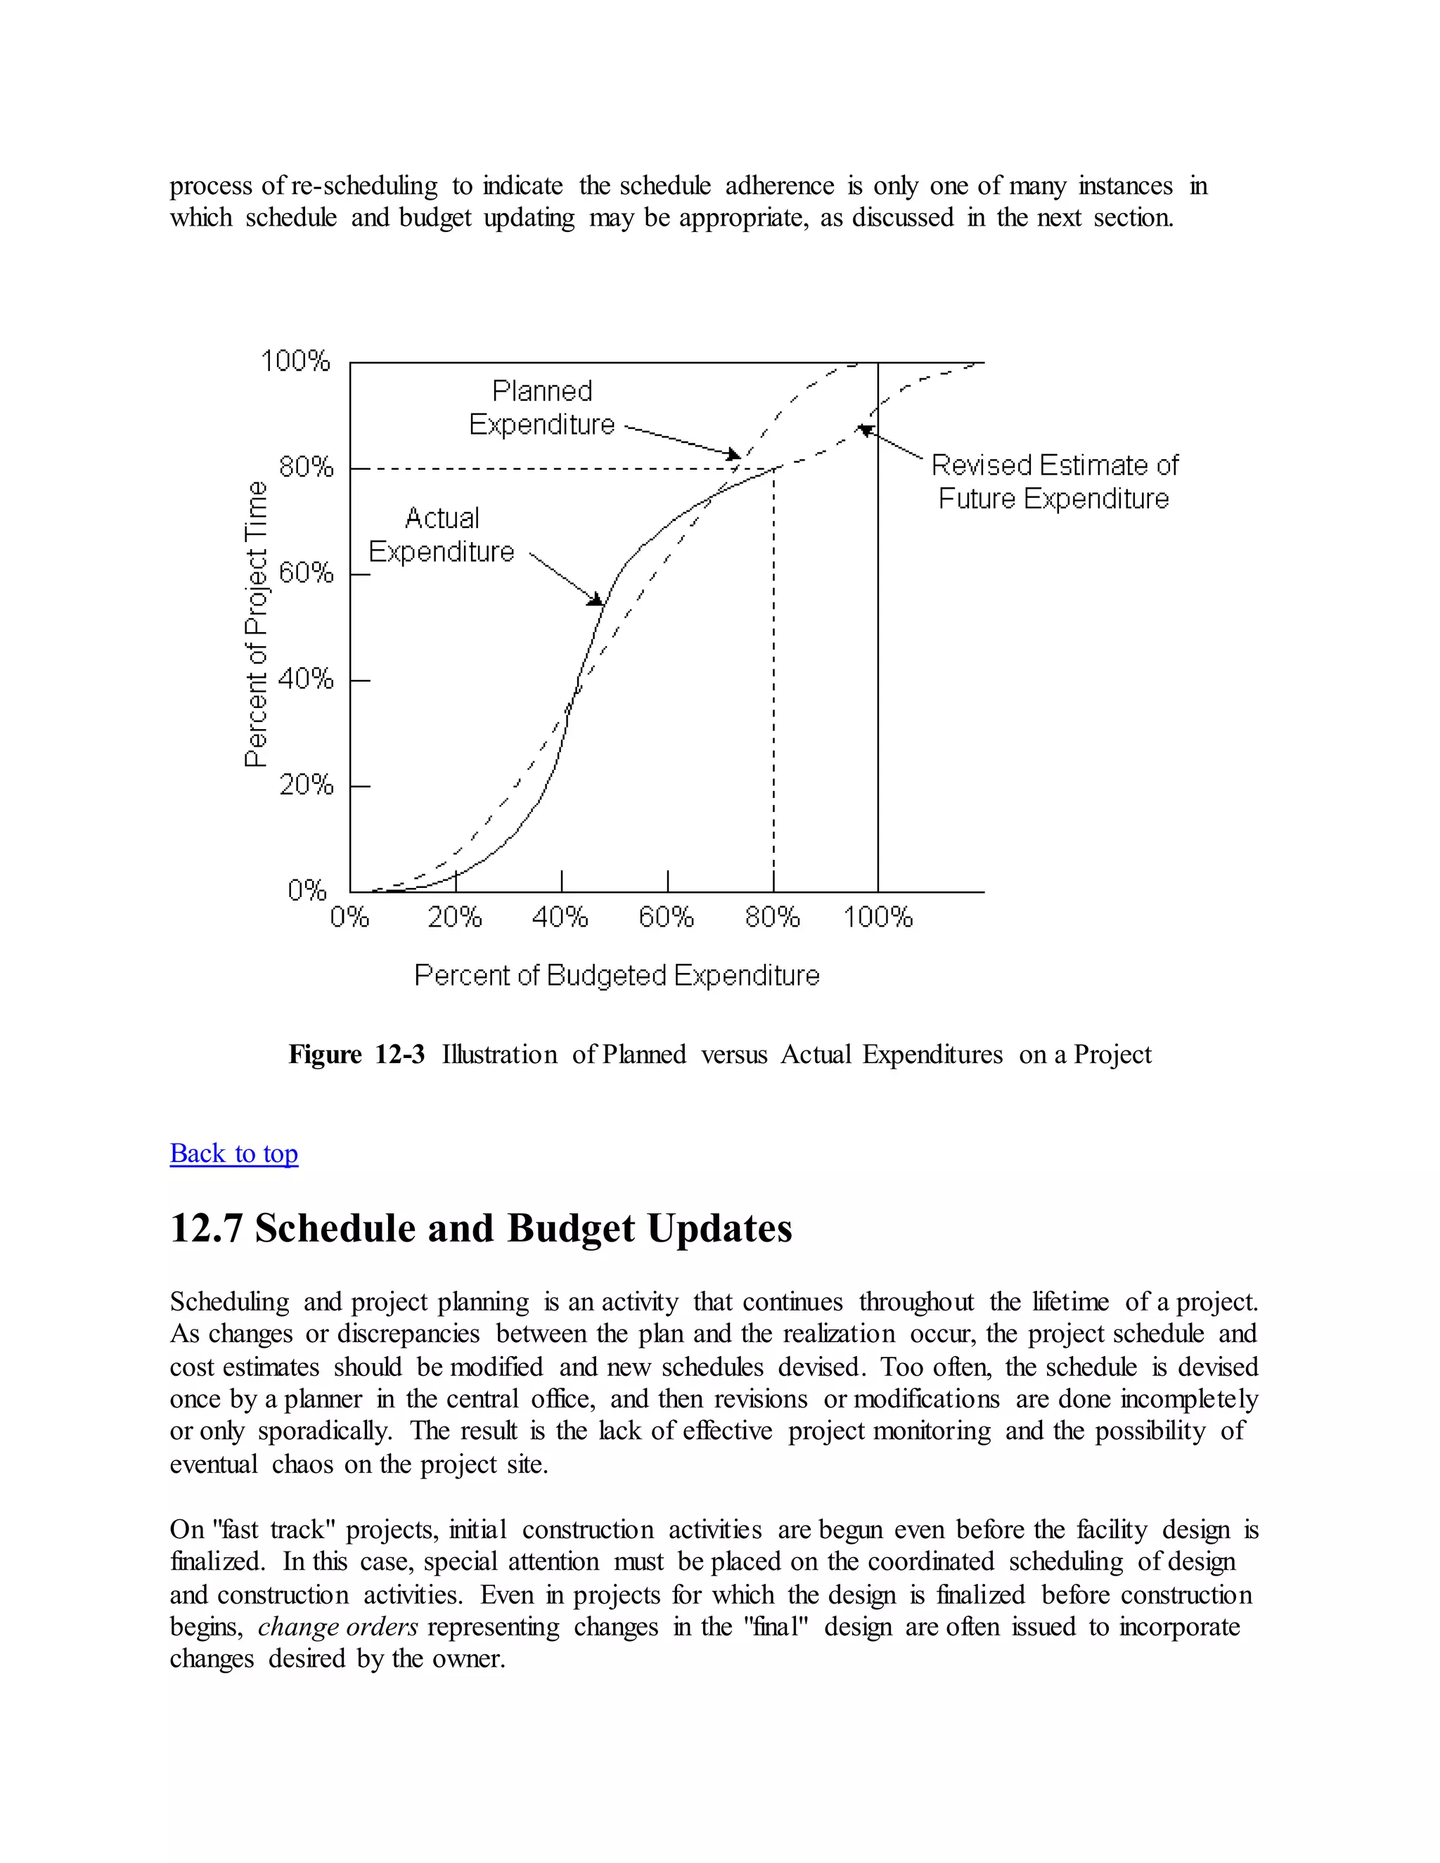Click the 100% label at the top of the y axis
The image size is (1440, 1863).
pyautogui.click(x=295, y=361)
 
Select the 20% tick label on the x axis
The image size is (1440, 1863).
pyautogui.click(x=455, y=918)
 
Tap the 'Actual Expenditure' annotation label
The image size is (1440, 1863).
pyautogui.click(x=442, y=535)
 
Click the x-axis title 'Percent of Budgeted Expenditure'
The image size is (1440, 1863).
pyautogui.click(x=617, y=975)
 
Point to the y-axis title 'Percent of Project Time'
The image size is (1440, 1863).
pyautogui.click(x=256, y=624)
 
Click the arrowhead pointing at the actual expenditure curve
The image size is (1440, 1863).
pyautogui.click(x=596, y=600)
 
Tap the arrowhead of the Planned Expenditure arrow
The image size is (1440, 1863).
pyautogui.click(x=733, y=455)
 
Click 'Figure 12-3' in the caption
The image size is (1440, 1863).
pyautogui.click(x=356, y=1055)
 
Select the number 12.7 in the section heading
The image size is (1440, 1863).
pyautogui.click(x=207, y=1229)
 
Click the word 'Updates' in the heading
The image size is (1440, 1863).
pyautogui.click(x=720, y=1229)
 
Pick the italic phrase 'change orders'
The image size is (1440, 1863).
pyautogui.click(x=337, y=1627)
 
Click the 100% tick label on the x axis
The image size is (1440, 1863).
pyautogui.click(x=877, y=918)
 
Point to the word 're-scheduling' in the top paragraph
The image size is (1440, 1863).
pyautogui.click(x=364, y=186)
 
